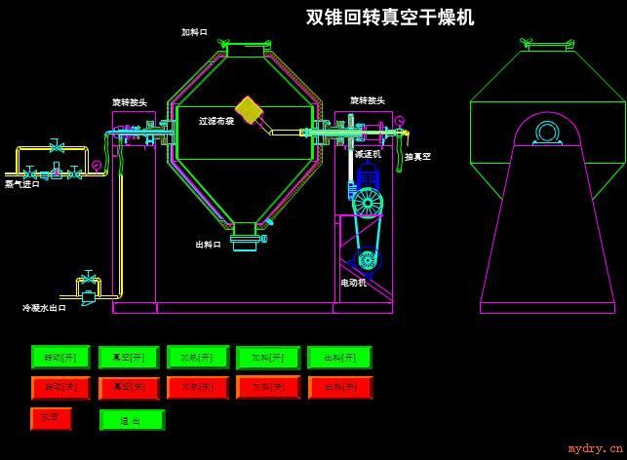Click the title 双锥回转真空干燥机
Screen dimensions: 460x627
click(390, 18)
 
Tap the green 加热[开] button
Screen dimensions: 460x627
click(198, 358)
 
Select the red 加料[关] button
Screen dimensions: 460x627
click(268, 388)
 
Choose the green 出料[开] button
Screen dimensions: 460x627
click(339, 358)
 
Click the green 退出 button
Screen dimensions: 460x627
click(132, 420)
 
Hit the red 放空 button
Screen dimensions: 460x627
click(50, 419)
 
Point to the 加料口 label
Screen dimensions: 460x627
click(195, 32)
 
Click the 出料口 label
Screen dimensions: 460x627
click(209, 245)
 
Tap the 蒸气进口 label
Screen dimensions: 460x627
click(22, 183)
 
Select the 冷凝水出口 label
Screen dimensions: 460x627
click(44, 308)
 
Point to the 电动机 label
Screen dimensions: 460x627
click(353, 283)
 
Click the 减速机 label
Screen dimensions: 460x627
click(368, 154)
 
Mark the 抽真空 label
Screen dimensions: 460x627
click(417, 156)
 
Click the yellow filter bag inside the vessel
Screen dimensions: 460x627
click(251, 109)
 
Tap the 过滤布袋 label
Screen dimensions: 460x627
click(216, 122)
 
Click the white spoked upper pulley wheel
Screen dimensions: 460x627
click(367, 202)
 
